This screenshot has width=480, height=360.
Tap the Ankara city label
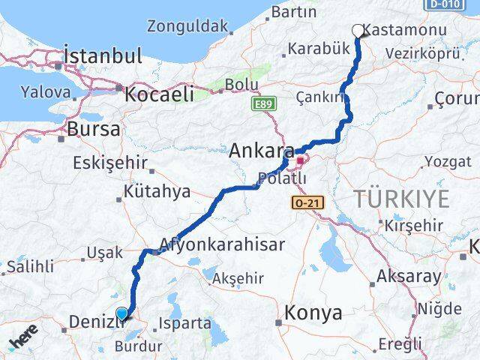click(x=261, y=151)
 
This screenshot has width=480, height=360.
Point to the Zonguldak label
click(x=187, y=26)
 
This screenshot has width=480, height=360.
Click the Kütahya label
click(x=157, y=192)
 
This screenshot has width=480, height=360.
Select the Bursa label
click(x=93, y=129)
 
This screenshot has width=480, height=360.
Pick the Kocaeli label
click(x=159, y=94)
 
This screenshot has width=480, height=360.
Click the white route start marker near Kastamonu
click(x=358, y=31)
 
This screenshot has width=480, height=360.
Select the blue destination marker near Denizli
click(x=122, y=313)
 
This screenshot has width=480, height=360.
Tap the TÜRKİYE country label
click(x=402, y=199)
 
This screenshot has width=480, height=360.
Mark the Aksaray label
click(x=409, y=276)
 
